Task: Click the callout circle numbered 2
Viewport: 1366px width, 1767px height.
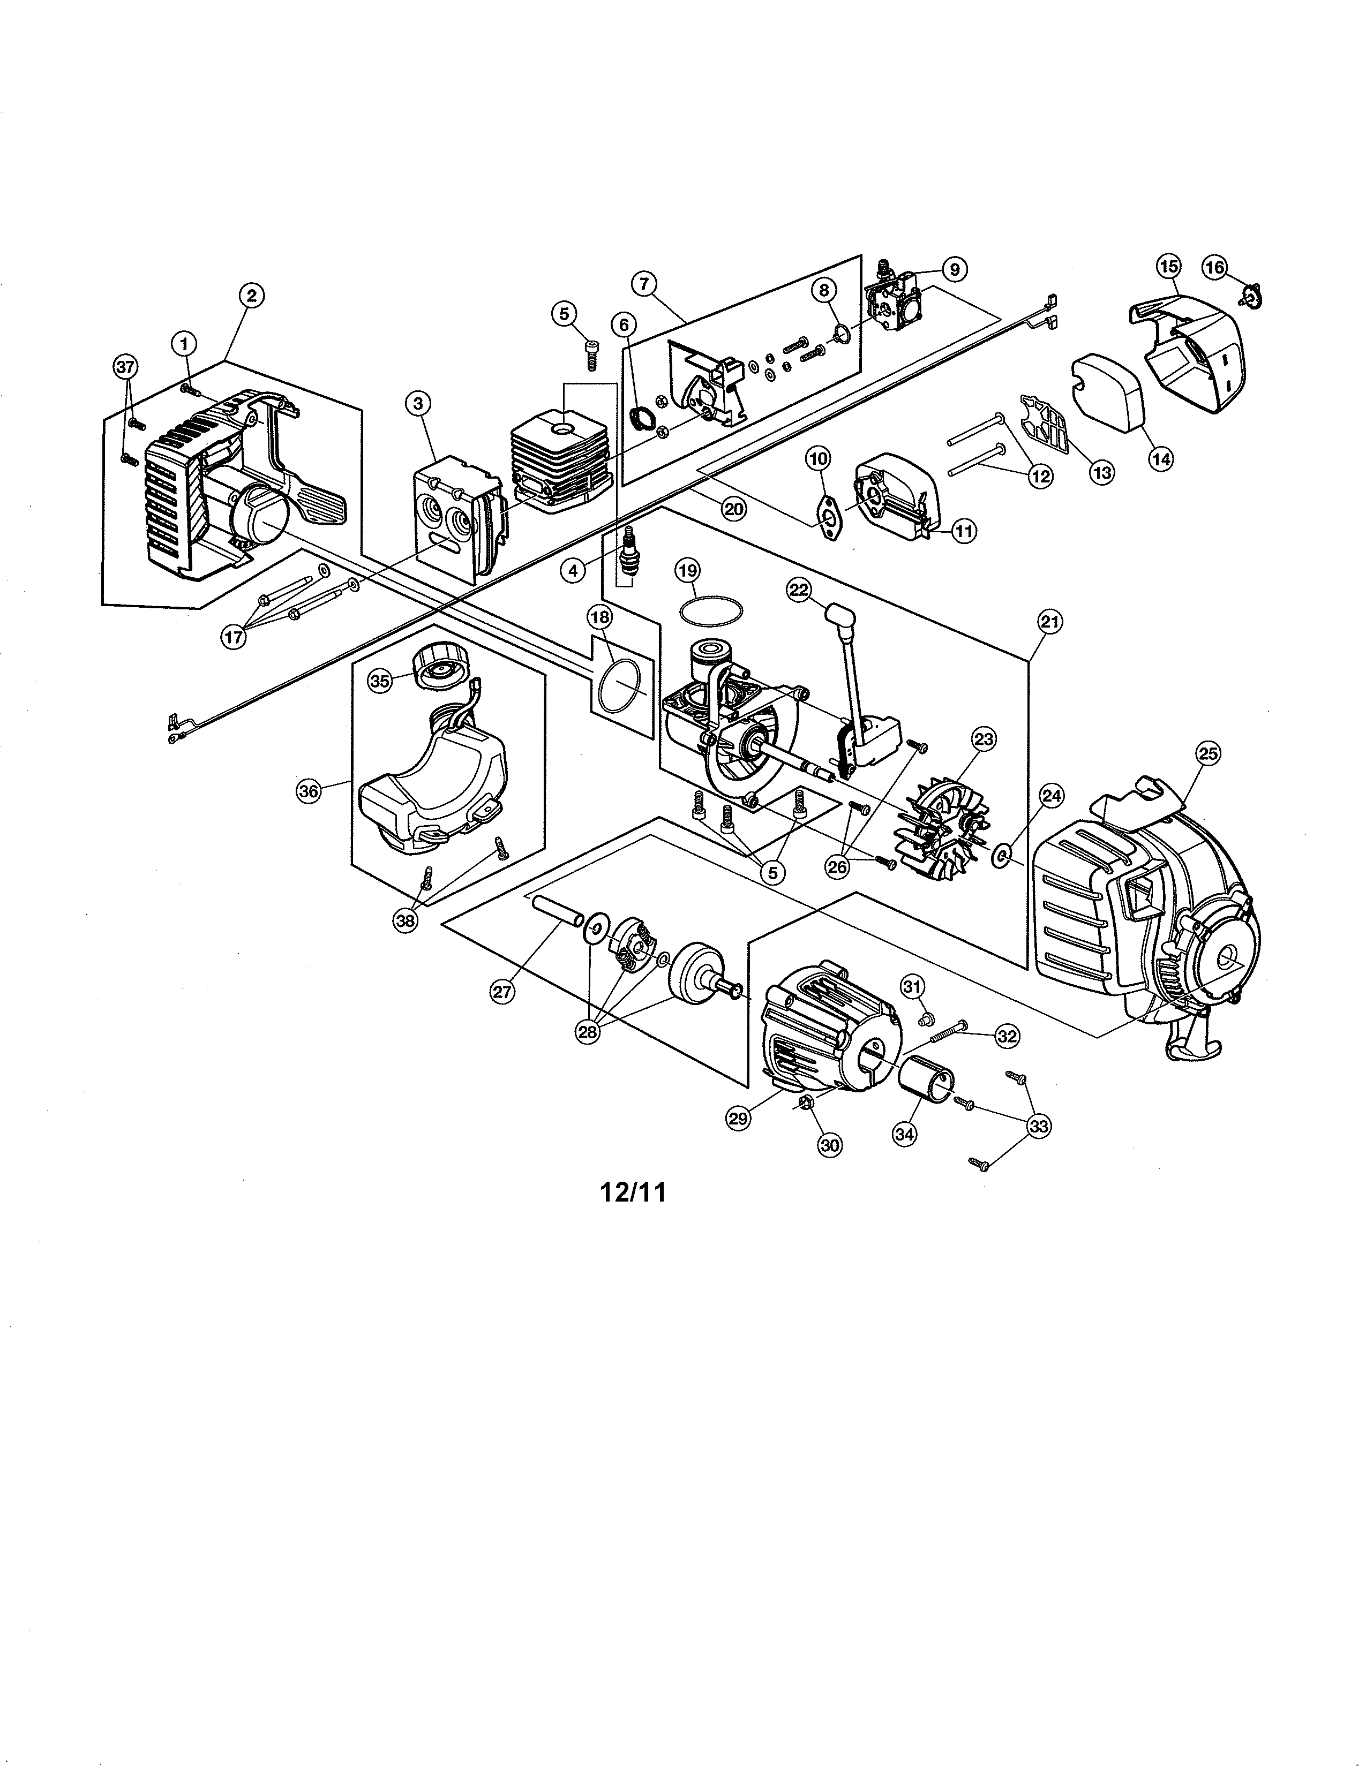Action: tap(252, 296)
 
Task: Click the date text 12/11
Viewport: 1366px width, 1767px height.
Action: tap(633, 1192)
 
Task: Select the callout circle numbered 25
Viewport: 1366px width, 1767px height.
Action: tap(1207, 754)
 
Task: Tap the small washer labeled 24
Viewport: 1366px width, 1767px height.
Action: tap(1000, 855)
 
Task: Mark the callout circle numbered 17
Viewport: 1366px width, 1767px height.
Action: tap(233, 637)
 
